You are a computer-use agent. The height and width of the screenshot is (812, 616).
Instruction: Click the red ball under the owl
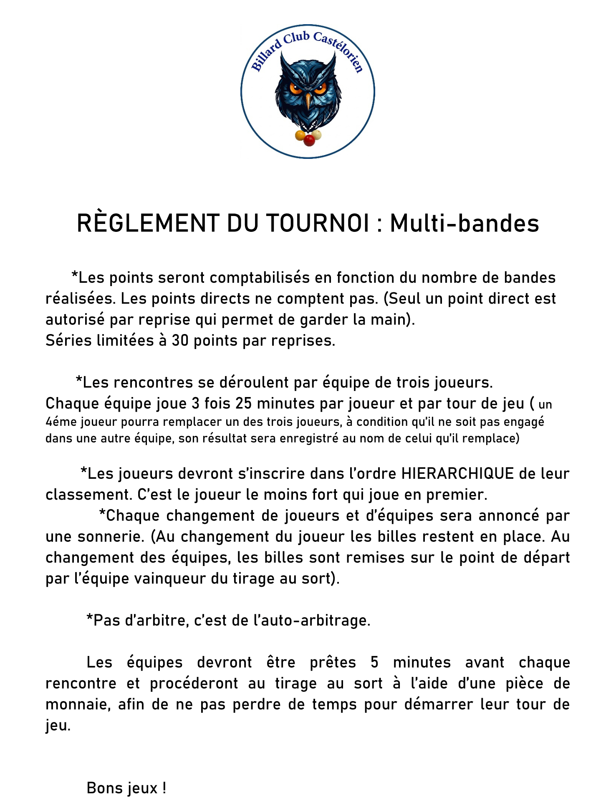tap(309, 140)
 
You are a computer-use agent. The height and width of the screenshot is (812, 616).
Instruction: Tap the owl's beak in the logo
tap(308, 101)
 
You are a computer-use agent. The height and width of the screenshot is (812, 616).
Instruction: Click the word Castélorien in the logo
tap(339, 51)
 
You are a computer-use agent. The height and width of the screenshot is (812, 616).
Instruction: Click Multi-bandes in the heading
tap(465, 223)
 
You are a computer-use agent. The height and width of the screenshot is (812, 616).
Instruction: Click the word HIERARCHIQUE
tap(457, 474)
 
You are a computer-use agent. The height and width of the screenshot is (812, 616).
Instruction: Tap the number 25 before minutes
tap(244, 404)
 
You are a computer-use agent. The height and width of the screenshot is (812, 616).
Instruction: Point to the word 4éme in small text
tap(61, 422)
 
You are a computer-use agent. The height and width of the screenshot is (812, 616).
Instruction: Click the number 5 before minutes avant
tap(374, 663)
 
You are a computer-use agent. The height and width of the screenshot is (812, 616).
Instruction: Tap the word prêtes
tap(333, 663)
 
